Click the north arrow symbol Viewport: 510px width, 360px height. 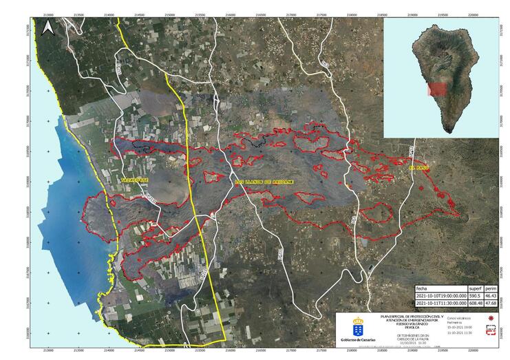point(48,28)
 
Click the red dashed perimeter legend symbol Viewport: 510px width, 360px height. point(491,329)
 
